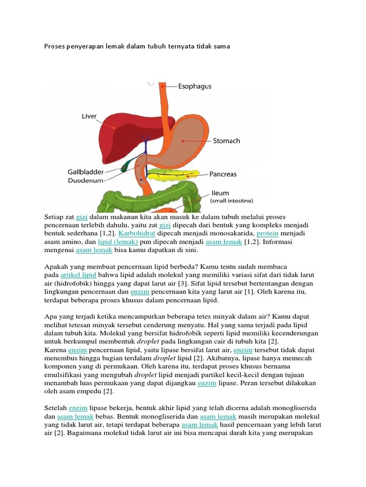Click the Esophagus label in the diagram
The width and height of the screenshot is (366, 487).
pos(194,87)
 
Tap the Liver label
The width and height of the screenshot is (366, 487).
pos(89,117)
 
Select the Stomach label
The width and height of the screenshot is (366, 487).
pos(226,141)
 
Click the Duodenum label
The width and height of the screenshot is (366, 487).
pos(86,180)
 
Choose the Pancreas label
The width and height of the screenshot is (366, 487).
pos(223,175)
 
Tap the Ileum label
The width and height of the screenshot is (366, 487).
pos(220,193)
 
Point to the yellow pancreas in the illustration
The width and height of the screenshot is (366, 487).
pos(172,175)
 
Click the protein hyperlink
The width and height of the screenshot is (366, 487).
pos(268,234)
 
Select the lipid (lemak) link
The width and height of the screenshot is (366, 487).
pos(114,242)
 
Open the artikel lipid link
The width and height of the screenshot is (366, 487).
pos(78,275)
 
